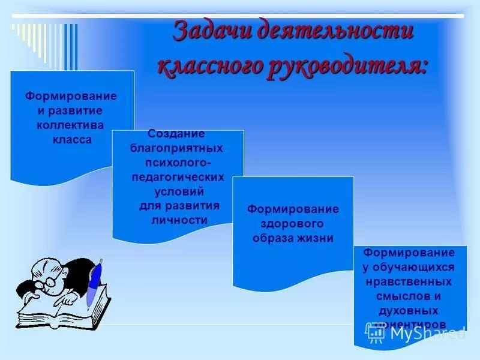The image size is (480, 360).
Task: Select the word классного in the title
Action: click(x=206, y=65)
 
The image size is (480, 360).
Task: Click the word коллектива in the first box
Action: click(x=70, y=125)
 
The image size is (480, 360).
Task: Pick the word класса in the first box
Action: click(x=71, y=139)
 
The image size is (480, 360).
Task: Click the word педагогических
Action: click(x=178, y=177)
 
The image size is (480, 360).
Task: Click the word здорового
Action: click(x=292, y=223)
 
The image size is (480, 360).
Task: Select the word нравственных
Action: click(x=410, y=281)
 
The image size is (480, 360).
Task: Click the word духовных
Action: click(x=409, y=310)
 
